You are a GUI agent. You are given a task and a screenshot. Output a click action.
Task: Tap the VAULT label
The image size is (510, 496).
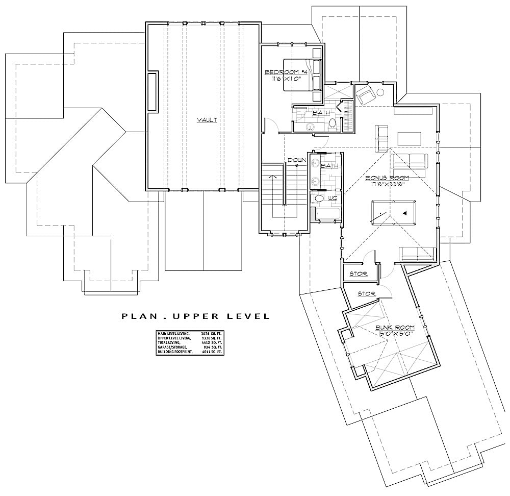pos(208,120)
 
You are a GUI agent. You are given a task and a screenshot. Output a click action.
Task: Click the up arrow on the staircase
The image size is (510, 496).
pos(276,176)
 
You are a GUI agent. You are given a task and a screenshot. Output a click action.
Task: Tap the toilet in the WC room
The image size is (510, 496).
pos(320,198)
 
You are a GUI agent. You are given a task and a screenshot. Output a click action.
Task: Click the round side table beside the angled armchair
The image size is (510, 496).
pos(380,92)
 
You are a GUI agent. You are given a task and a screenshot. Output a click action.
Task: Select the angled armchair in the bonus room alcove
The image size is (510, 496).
pos(365,94)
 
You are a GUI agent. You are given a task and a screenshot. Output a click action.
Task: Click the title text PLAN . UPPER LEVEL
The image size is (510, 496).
pos(195,316)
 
